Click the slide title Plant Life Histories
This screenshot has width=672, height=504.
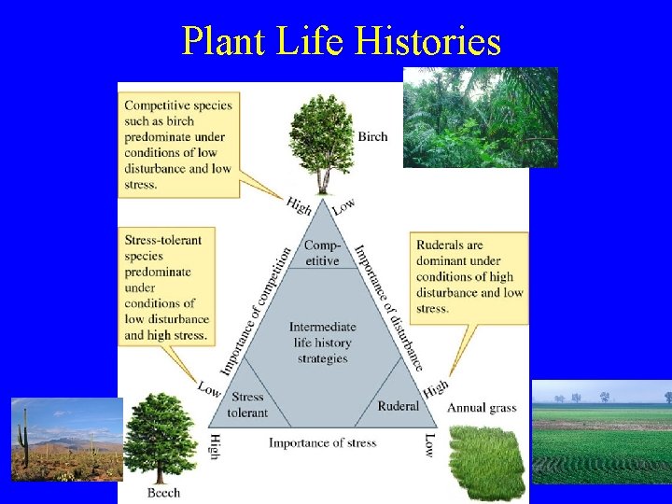(x=341, y=41)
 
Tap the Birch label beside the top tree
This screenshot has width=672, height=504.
(x=372, y=136)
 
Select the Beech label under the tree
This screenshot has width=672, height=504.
(x=163, y=492)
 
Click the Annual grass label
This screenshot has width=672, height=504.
(x=482, y=408)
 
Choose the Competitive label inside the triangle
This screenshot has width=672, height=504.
(x=322, y=253)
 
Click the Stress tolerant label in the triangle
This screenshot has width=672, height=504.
(x=247, y=405)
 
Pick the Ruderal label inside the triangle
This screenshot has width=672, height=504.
(x=399, y=406)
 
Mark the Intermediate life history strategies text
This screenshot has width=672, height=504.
(x=322, y=342)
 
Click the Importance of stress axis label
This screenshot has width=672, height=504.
(x=322, y=442)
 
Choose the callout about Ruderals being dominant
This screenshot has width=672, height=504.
(x=469, y=275)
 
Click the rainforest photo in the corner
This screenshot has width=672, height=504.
(x=480, y=117)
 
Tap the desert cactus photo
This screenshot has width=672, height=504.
(x=65, y=439)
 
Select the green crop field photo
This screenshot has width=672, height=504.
(x=601, y=431)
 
